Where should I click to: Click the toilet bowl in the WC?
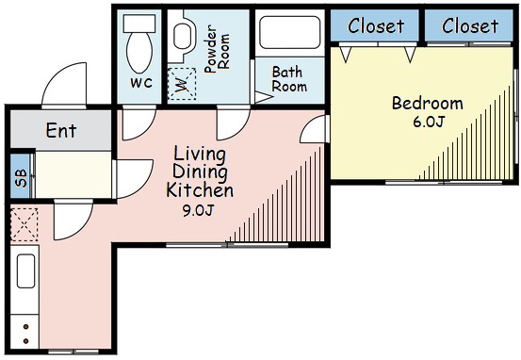point(139,52)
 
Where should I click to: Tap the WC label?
point(141,82)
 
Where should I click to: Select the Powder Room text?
point(217,49)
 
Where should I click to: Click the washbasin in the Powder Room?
point(182,37)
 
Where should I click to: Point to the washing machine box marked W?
point(182,84)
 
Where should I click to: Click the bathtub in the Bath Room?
point(290,32)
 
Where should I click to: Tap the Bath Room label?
point(288,79)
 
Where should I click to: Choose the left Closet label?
point(376,26)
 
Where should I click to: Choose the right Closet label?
point(470,26)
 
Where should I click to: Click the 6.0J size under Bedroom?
point(429,122)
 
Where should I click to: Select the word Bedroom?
point(428,103)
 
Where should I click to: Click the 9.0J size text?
point(198,210)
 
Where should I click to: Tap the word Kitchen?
point(200,190)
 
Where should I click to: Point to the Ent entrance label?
point(61,130)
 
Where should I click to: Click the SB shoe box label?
point(21,178)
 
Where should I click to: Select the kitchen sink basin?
point(25,270)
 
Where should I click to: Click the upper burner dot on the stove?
point(26,327)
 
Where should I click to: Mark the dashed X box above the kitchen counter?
point(24,224)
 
